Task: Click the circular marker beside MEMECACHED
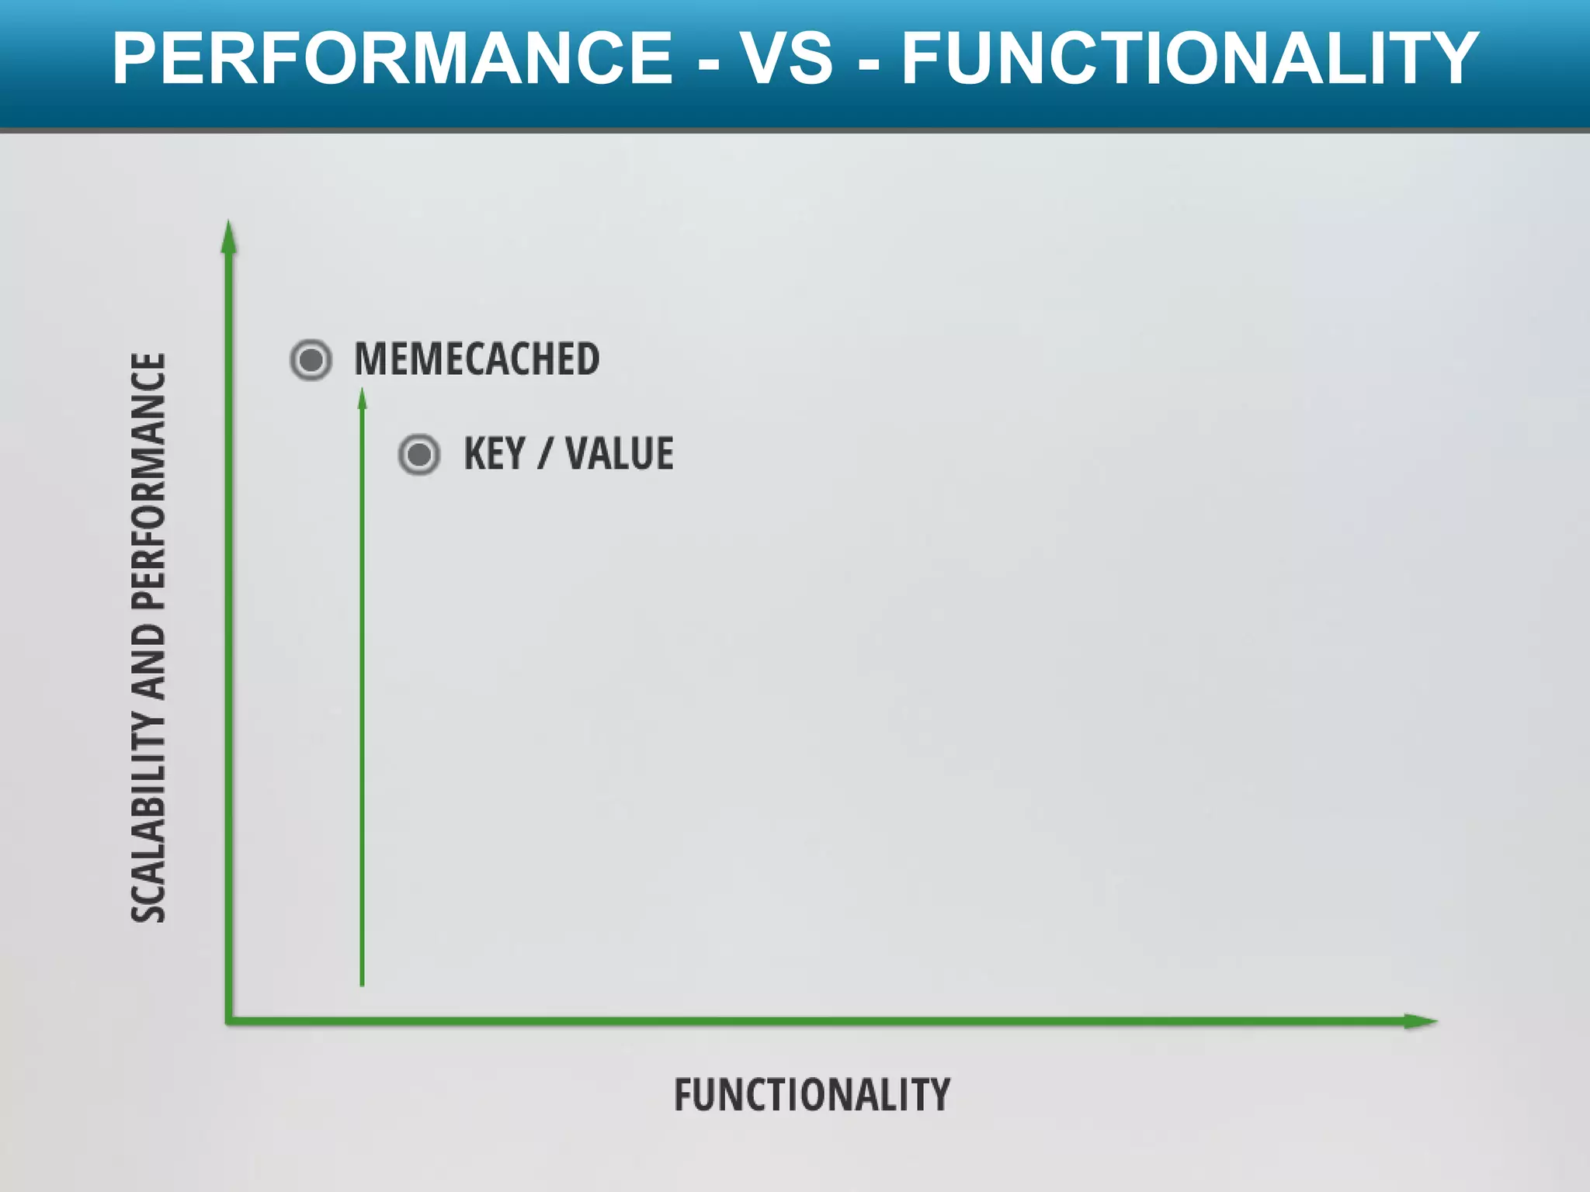click(x=311, y=360)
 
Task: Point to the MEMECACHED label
click(x=477, y=359)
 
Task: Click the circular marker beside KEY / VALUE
click(x=419, y=455)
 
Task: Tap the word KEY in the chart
click(x=495, y=454)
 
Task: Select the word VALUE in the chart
click(x=620, y=454)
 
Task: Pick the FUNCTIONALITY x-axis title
click(x=811, y=1095)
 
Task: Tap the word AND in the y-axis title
click(x=148, y=663)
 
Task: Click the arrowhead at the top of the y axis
click(x=228, y=236)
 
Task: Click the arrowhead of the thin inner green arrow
click(x=362, y=399)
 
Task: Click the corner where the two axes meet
click(x=229, y=1020)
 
